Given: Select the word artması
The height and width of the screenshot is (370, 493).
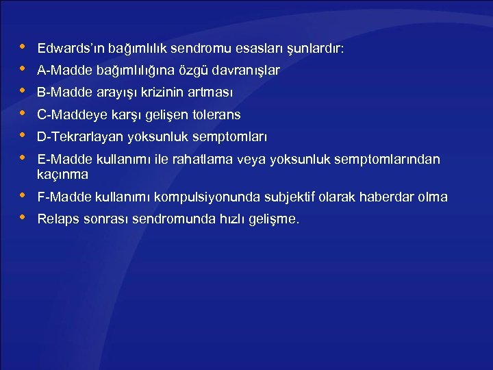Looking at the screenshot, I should pos(213,92).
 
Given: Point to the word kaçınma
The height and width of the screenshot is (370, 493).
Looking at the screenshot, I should pos(62,175).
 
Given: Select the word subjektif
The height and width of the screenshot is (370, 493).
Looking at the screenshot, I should pos(287,197).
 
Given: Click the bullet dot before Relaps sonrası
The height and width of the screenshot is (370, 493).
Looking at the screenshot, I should pos(22,218).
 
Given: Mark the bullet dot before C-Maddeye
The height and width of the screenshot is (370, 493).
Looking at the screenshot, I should pos(22,113).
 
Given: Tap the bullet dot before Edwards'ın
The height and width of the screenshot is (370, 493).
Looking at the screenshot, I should pos(22,47).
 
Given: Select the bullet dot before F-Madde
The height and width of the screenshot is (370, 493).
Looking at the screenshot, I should pos(22,196).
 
